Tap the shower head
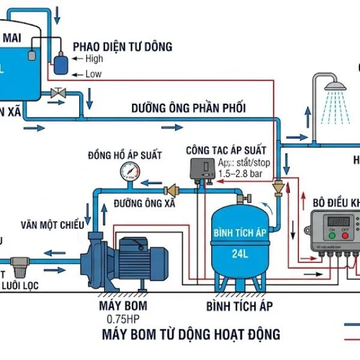click(335, 89)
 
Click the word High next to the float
click(94, 59)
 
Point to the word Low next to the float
click(93, 74)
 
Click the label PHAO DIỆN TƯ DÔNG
click(122, 46)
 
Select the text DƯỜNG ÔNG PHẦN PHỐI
click(188, 109)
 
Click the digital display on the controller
click(338, 221)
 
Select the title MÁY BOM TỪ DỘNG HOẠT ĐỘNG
click(191, 334)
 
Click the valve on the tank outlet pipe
click(59, 94)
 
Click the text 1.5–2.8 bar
click(240, 173)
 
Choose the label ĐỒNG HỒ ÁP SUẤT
click(124, 155)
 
